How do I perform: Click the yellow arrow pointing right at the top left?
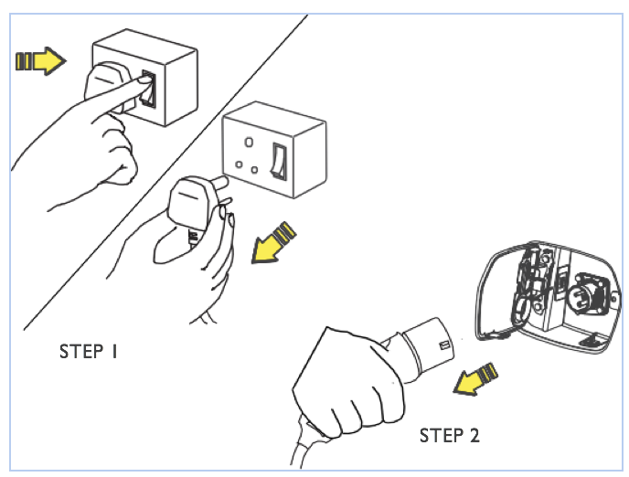(x=42, y=61)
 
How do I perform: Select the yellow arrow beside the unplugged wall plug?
(x=274, y=241)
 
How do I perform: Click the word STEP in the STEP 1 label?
(x=80, y=351)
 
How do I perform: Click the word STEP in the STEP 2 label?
(x=440, y=435)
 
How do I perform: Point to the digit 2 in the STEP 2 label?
(x=474, y=435)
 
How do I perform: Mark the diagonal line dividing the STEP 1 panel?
(x=165, y=174)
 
